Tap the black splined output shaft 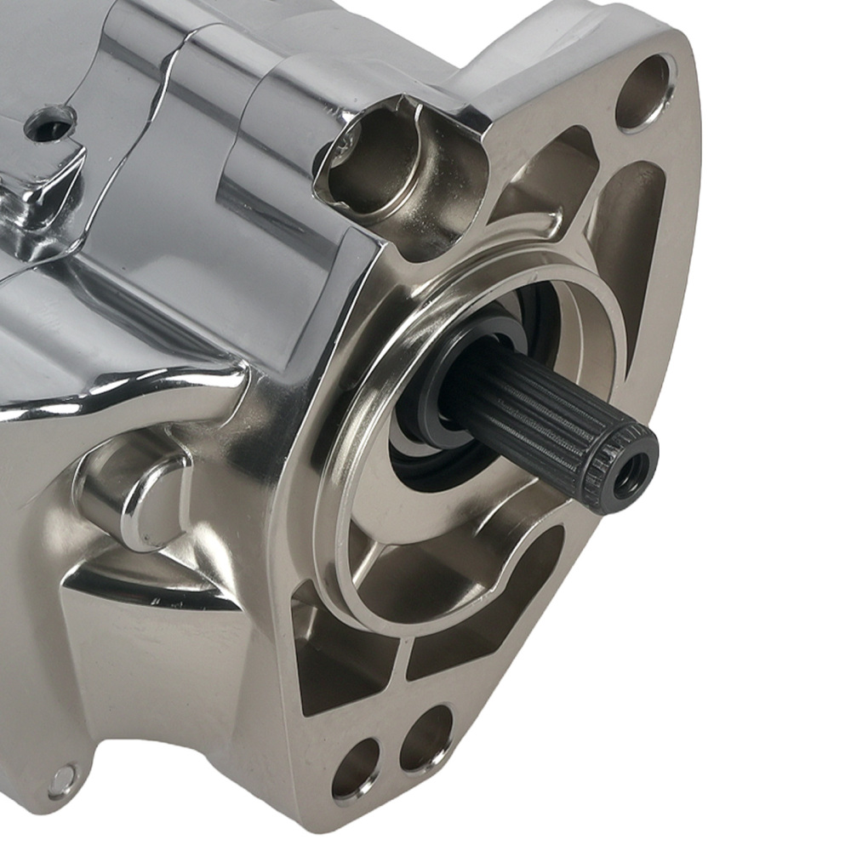coord(536,408)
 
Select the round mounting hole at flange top coord(644,92)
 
